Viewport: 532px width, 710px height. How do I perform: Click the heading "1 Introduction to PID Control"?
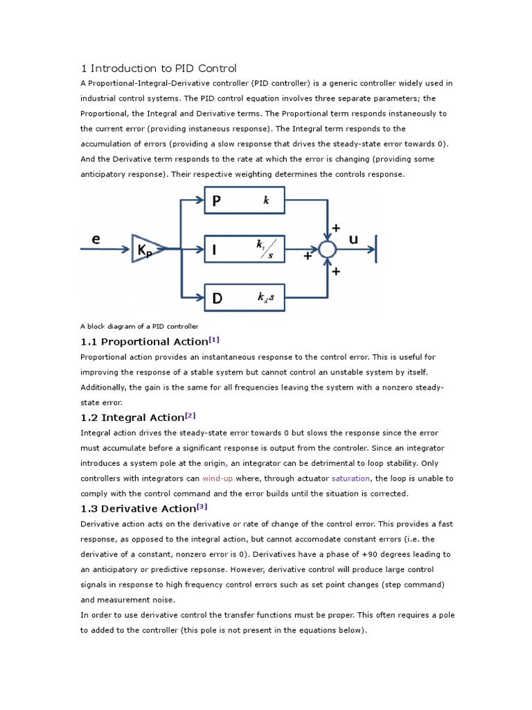[x=159, y=68]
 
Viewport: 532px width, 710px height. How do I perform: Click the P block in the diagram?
[x=244, y=201]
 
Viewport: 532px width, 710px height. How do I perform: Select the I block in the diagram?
[x=244, y=250]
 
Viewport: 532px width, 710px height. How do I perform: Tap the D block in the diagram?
[x=244, y=298]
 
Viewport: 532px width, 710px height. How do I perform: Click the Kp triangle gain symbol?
[x=146, y=249]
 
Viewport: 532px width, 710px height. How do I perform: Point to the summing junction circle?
[x=327, y=249]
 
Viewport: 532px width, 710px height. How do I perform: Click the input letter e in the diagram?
[x=96, y=239]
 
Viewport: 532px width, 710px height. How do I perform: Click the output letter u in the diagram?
[x=353, y=239]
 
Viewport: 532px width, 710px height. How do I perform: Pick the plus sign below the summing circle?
[x=337, y=272]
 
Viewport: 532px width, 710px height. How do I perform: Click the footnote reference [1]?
[x=214, y=339]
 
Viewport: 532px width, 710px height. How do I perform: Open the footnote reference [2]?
[x=190, y=415]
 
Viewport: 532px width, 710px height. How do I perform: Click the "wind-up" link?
[x=218, y=478]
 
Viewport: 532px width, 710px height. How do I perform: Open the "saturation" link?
[x=351, y=478]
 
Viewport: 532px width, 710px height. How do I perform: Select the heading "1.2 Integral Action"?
[x=132, y=417]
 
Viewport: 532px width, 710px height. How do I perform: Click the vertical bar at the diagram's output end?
[x=376, y=249]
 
